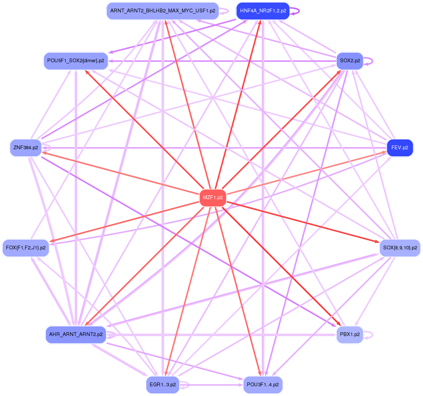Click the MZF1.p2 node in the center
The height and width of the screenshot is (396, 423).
(x=213, y=198)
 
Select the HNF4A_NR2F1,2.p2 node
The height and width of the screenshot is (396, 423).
(x=263, y=11)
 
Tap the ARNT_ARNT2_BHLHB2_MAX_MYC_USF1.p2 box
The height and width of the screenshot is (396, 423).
(x=163, y=11)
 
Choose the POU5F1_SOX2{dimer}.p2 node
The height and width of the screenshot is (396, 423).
(x=76, y=60)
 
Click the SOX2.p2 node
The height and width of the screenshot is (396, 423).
(x=350, y=60)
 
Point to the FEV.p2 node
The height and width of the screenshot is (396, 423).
(x=400, y=148)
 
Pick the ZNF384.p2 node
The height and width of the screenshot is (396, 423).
(x=26, y=148)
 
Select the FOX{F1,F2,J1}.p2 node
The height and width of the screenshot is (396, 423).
(x=26, y=248)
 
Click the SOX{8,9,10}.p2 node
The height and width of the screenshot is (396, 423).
(x=400, y=248)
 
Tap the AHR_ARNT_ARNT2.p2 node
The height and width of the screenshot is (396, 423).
(x=76, y=334)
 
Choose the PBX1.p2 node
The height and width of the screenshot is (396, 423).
(x=350, y=334)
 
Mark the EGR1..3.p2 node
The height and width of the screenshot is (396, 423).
(x=163, y=385)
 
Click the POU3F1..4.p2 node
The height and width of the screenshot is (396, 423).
(x=263, y=385)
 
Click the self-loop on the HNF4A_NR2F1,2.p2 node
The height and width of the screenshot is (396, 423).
(x=297, y=11)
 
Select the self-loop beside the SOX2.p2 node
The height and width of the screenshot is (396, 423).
(x=370, y=60)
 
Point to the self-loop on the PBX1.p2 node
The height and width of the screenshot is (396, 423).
(x=370, y=334)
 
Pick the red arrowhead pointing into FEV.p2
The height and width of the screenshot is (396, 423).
(x=384, y=152)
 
